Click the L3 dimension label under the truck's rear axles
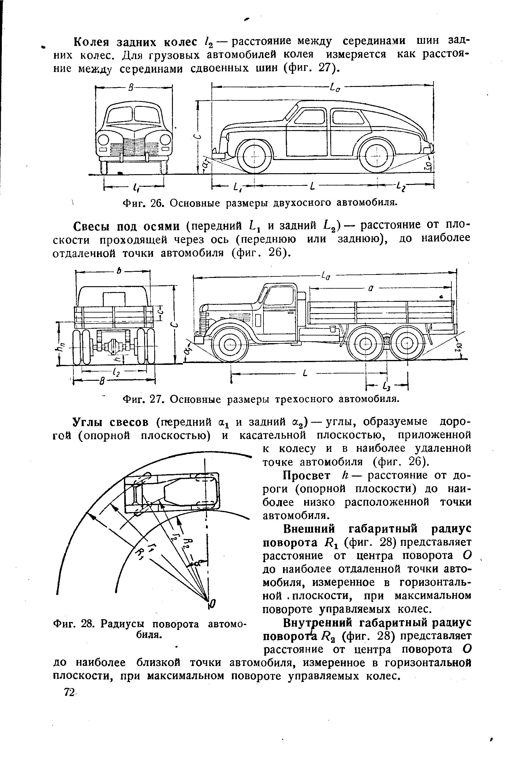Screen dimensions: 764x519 [x=388, y=385]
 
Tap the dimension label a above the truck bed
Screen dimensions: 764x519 [x=371, y=289]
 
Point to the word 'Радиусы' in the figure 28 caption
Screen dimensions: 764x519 [x=126, y=624]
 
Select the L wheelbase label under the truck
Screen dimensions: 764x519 [x=305, y=373]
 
